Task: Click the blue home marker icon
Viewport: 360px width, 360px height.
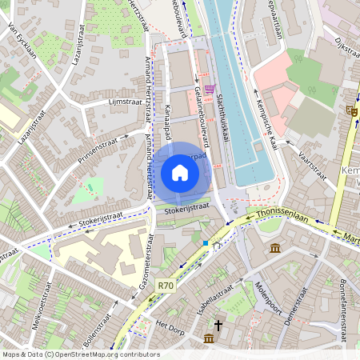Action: point(180,172)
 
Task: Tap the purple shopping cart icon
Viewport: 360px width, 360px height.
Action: point(210,88)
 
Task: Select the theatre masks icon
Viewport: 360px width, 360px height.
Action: point(352,110)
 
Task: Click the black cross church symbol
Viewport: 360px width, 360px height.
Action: point(218,326)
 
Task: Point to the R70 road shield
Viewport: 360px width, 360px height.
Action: point(166,285)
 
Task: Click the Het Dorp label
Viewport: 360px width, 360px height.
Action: point(170,326)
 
